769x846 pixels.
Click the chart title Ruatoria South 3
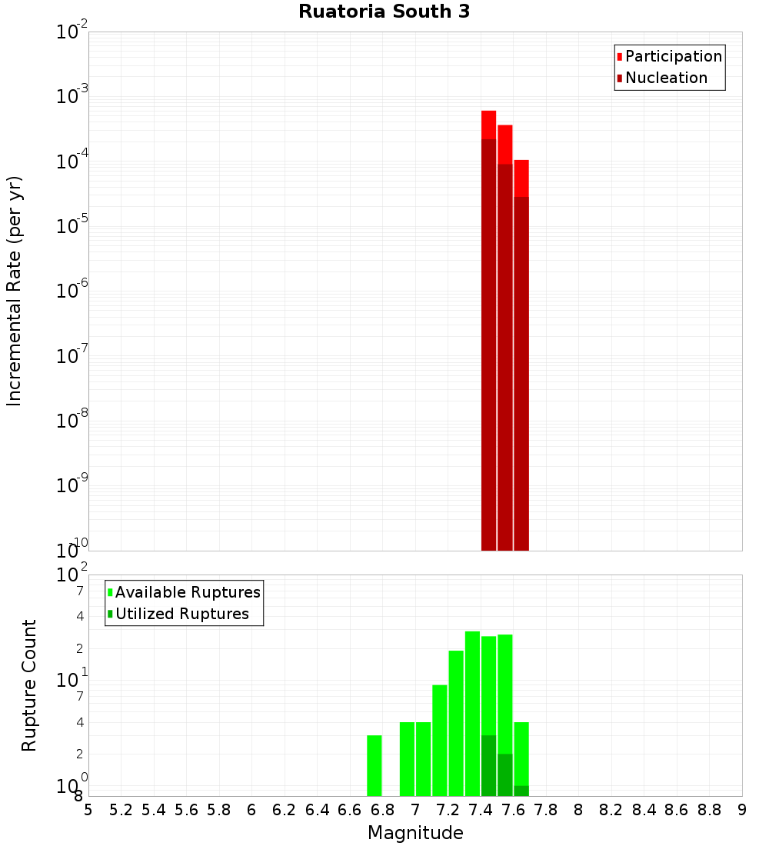[x=384, y=12]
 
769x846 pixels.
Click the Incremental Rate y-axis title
[x=14, y=291]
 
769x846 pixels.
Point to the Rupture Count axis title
[x=29, y=684]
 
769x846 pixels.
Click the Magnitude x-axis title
[x=415, y=833]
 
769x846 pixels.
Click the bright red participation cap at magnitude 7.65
[x=521, y=178]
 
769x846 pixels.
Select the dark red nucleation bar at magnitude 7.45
[x=488, y=346]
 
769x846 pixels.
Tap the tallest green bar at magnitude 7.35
[x=472, y=711]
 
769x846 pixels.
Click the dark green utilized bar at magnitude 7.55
[x=505, y=775]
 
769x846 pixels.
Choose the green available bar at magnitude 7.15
[x=440, y=738]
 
